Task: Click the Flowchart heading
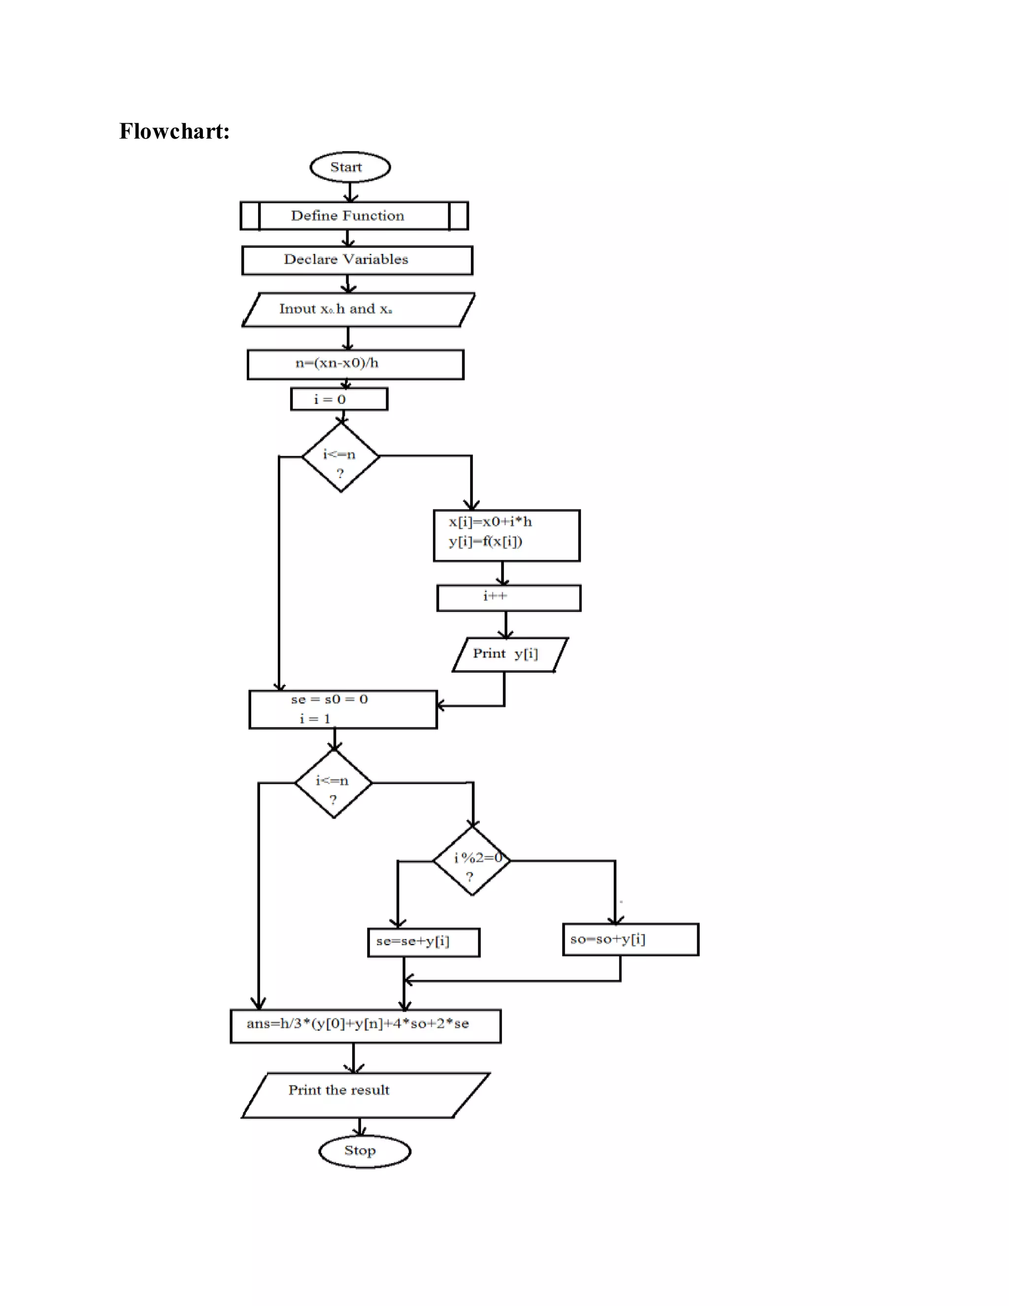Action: (174, 132)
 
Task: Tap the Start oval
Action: (350, 167)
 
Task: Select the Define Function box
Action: (354, 216)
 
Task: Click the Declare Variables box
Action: (357, 260)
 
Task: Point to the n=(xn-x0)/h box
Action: (355, 364)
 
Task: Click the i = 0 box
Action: (339, 399)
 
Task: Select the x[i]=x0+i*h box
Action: (506, 535)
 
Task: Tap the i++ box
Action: (508, 597)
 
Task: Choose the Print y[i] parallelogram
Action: (509, 654)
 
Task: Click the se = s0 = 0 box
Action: (342, 709)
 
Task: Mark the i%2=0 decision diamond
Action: (471, 860)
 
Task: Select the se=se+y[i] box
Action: (423, 942)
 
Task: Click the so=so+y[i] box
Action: (630, 939)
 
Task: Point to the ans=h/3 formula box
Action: (365, 1026)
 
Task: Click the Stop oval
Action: (365, 1151)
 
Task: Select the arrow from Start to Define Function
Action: (350, 191)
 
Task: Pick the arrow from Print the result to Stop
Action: (360, 1126)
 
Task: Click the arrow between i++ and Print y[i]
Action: (505, 624)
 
